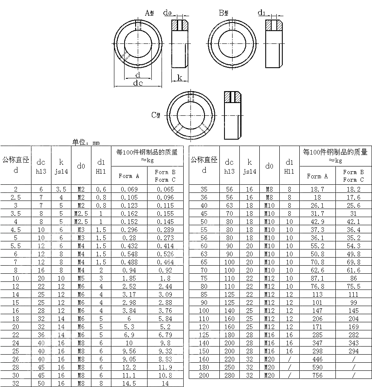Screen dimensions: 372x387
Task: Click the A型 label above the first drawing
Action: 149,13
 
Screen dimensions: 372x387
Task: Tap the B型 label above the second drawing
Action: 224,13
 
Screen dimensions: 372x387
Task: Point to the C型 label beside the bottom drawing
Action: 156,115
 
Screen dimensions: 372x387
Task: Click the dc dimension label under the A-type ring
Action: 138,83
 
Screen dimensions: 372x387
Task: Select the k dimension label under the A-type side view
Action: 179,77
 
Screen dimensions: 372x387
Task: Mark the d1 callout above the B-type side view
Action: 261,12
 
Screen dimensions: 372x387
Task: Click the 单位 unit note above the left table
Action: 86,142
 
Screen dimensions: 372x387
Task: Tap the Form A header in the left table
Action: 129,176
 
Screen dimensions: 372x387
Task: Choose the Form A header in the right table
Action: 317,176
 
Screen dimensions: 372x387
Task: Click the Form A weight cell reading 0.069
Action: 129,189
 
